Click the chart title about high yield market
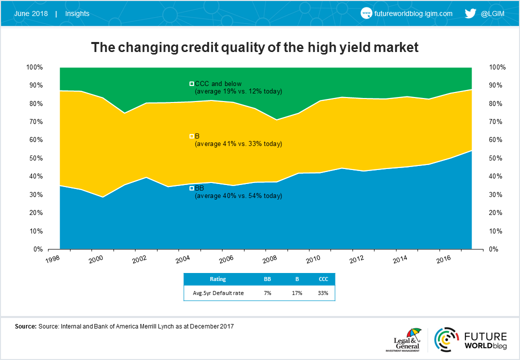pos(254,47)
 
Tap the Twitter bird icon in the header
pos(470,13)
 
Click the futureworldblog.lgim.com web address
pos(413,13)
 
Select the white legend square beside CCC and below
pos(191,84)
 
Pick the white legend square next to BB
pos(191,188)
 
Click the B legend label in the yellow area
pos(197,136)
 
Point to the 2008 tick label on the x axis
pos(269,259)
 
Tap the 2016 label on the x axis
pos(443,259)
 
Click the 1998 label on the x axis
pos(52,259)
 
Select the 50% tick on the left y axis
pos(36,158)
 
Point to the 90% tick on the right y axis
pos(495,85)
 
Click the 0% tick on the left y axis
pos(38,249)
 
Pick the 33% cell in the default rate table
pos(323,293)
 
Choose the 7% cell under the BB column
pos(267,293)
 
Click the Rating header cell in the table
pos(217,279)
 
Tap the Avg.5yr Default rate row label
pos(218,293)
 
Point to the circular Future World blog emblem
pos(446,339)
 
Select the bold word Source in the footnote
pos(25,326)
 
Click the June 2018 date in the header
pos(31,13)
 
